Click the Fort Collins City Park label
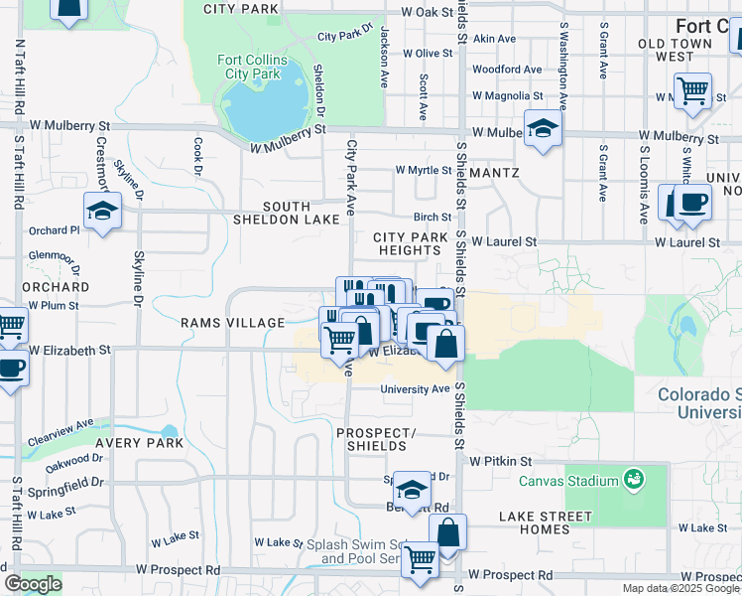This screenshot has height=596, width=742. click(252, 68)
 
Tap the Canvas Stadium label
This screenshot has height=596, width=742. click(568, 482)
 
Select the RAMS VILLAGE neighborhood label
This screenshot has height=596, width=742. click(233, 323)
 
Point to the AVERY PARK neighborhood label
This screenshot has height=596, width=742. click(140, 443)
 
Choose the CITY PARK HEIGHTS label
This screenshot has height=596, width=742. click(411, 244)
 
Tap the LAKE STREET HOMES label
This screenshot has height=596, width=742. click(548, 522)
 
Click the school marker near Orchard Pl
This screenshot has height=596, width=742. click(102, 212)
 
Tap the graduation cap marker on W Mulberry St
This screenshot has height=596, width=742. click(543, 129)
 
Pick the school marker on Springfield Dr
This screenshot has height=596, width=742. click(412, 490)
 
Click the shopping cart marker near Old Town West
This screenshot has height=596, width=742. click(691, 91)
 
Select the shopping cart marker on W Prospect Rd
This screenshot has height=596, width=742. click(420, 559)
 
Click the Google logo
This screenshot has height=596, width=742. click(32, 584)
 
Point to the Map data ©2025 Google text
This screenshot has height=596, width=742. click(680, 588)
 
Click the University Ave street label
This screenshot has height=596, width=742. click(416, 389)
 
